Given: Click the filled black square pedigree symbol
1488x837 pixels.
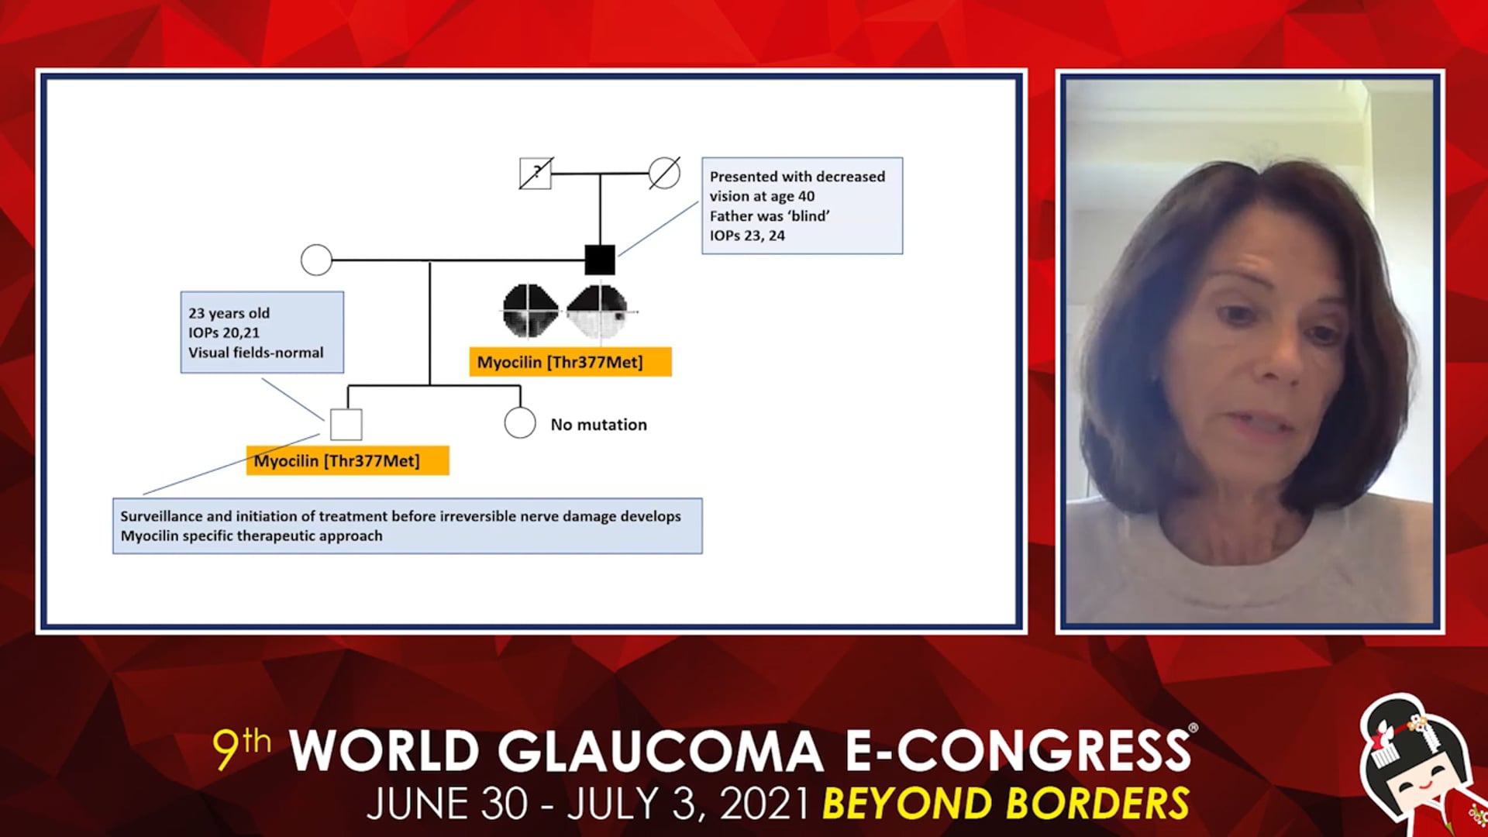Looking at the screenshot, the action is click(599, 260).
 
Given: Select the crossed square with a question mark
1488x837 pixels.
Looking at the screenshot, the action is click(535, 174).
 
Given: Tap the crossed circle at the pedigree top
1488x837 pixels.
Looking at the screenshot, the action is click(664, 173).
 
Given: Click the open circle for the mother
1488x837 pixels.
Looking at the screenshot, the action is click(316, 260).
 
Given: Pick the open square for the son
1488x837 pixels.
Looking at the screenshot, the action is click(346, 424).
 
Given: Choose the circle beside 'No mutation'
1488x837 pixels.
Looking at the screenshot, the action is click(520, 422).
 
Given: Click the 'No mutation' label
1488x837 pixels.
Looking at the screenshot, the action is click(598, 425).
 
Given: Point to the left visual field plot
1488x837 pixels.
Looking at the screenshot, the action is click(530, 312).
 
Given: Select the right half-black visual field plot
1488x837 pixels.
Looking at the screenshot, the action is click(598, 312).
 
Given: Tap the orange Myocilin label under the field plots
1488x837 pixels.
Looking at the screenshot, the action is click(570, 362).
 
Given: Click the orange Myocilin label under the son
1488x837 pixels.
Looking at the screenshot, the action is click(347, 460).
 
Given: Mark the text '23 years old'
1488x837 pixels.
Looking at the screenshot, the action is click(229, 313).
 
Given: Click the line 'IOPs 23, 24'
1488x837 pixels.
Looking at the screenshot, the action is click(747, 236).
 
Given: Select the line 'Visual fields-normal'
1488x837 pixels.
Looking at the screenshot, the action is click(256, 353).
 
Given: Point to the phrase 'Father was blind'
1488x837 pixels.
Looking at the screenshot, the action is click(770, 216).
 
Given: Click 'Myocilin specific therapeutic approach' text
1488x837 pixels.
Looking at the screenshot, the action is click(251, 536).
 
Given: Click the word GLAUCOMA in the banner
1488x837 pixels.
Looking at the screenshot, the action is click(660, 750).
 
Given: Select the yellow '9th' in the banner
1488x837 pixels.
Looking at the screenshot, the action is click(242, 747).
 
